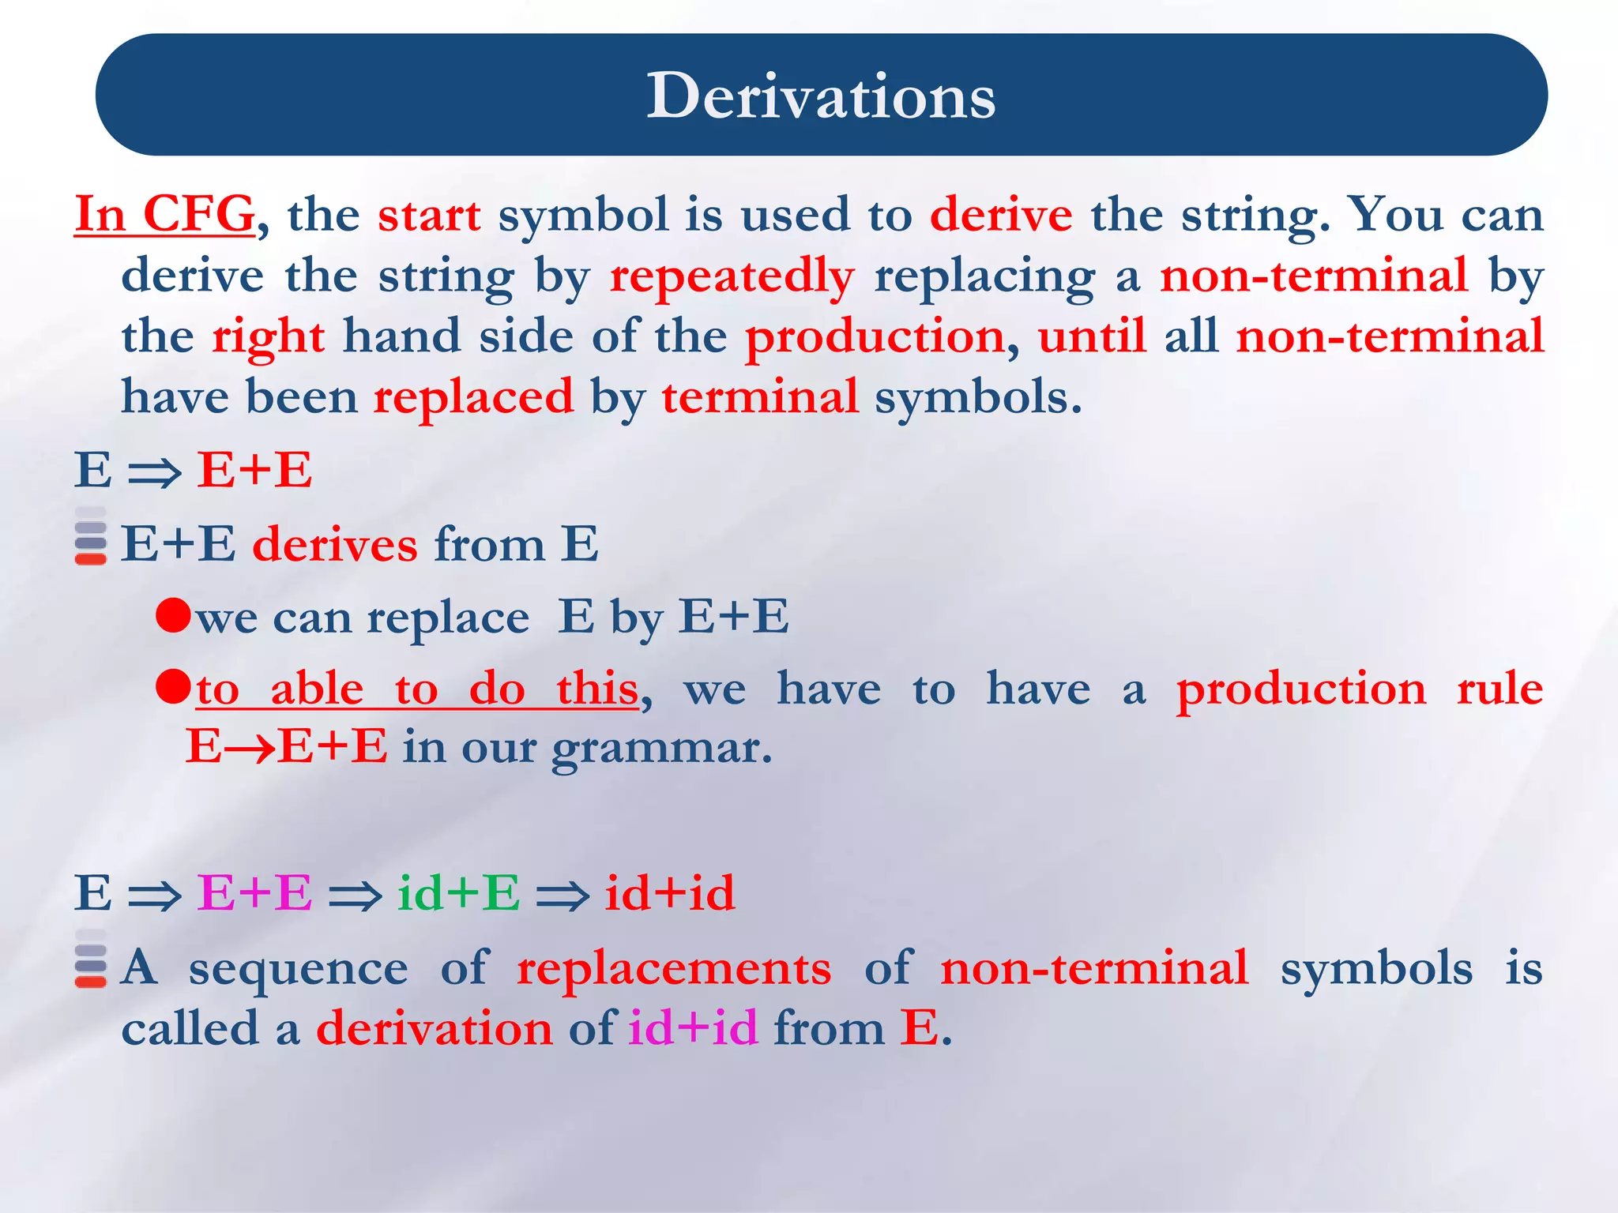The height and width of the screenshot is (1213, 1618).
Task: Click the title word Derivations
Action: tap(821, 96)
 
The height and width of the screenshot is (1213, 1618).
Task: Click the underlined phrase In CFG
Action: tap(164, 214)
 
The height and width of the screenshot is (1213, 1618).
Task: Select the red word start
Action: tap(429, 216)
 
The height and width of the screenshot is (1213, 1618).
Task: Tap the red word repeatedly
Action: tap(732, 276)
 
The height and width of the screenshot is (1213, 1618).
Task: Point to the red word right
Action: tap(268, 337)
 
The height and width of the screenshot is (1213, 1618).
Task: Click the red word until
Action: tap(1091, 336)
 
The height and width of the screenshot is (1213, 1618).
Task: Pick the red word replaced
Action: tap(473, 397)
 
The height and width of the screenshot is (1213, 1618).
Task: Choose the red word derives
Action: tap(335, 545)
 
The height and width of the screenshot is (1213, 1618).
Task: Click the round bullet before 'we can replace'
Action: tap(174, 614)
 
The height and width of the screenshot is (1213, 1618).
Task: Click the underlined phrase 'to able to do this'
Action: tap(416, 689)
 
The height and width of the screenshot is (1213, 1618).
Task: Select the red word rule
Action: tap(1499, 689)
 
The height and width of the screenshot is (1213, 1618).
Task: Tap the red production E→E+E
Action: tap(286, 746)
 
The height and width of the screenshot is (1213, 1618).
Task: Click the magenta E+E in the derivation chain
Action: tap(254, 893)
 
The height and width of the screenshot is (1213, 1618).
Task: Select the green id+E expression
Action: tap(458, 893)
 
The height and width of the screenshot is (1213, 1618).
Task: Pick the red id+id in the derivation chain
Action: tap(670, 893)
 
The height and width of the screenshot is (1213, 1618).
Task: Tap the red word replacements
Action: tap(674, 968)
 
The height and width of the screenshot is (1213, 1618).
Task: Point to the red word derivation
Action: tap(435, 1029)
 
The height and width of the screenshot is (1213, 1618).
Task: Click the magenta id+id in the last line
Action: tap(693, 1029)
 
